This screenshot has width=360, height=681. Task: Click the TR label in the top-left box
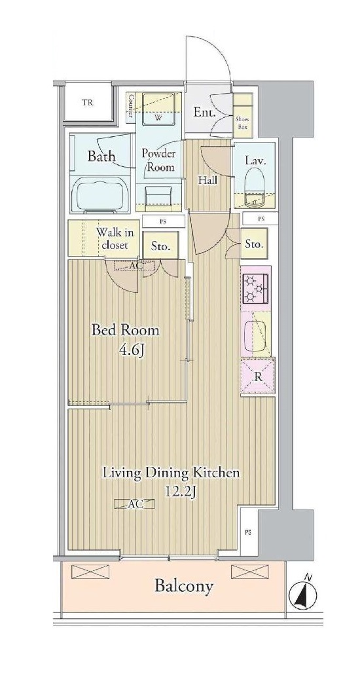pyautogui.click(x=89, y=103)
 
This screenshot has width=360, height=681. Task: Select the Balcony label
pyautogui.click(x=184, y=587)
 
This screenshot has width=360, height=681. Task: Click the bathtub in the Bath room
pyautogui.click(x=100, y=195)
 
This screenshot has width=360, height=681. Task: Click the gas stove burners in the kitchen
pyautogui.click(x=256, y=288)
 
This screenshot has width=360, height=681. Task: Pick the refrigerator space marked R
pyautogui.click(x=258, y=376)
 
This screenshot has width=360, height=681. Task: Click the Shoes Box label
pyautogui.click(x=243, y=123)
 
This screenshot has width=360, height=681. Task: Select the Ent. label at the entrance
pyautogui.click(x=204, y=113)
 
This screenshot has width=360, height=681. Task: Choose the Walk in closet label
pyautogui.click(x=115, y=238)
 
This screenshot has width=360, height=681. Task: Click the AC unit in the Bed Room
pyautogui.click(x=134, y=265)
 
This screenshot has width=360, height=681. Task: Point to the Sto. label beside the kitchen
pyautogui.click(x=254, y=244)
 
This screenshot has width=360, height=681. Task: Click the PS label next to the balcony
pyautogui.click(x=247, y=533)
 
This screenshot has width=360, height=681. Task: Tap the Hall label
pyautogui.click(x=208, y=181)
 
